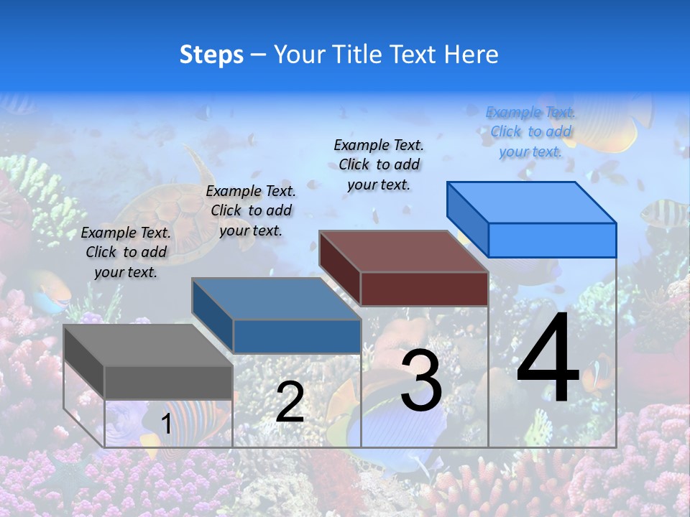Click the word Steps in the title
coord(211,55)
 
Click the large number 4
coord(548,359)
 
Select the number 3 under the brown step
coord(421,381)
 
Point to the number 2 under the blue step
coord(290,402)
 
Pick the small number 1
coord(166,424)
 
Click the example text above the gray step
coord(126,252)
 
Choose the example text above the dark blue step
coord(251,210)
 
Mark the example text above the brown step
coord(379,164)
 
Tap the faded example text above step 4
coord(530,131)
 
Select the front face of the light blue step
coord(552,240)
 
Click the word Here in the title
coord(471,55)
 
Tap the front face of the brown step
coord(424,289)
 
